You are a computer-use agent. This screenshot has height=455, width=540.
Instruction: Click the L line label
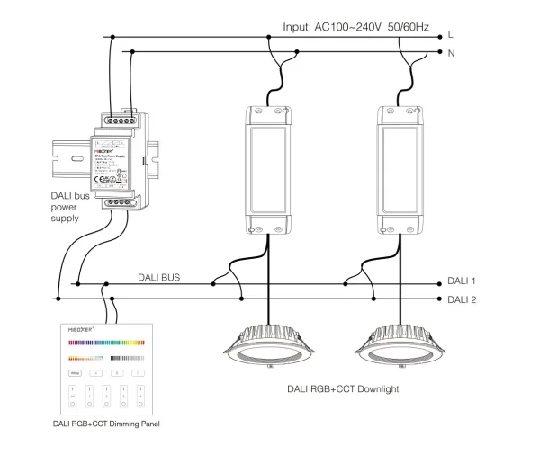click(x=450, y=36)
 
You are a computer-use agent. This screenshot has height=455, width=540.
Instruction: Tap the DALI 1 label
click(x=462, y=281)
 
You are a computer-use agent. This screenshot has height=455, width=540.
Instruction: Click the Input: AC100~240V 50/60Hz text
click(x=358, y=28)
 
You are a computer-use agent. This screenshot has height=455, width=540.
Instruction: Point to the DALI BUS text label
click(x=159, y=278)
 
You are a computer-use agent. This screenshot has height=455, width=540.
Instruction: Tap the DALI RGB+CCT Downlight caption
click(x=342, y=389)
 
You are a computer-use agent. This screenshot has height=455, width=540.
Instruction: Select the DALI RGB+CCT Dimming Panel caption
click(x=109, y=423)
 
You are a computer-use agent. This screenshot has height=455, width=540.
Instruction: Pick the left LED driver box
click(x=268, y=168)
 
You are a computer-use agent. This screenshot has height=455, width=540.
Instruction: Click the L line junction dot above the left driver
click(x=268, y=37)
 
